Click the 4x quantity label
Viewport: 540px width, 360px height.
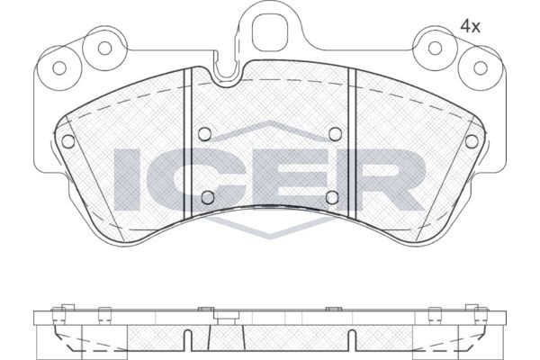click(471, 27)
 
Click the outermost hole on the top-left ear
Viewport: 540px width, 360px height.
click(61, 66)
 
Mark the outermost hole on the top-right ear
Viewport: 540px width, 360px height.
click(477, 66)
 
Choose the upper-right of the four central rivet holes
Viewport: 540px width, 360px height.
click(334, 134)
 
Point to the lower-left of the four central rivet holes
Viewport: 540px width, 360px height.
click(206, 198)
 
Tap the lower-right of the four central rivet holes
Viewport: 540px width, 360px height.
click(332, 198)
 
